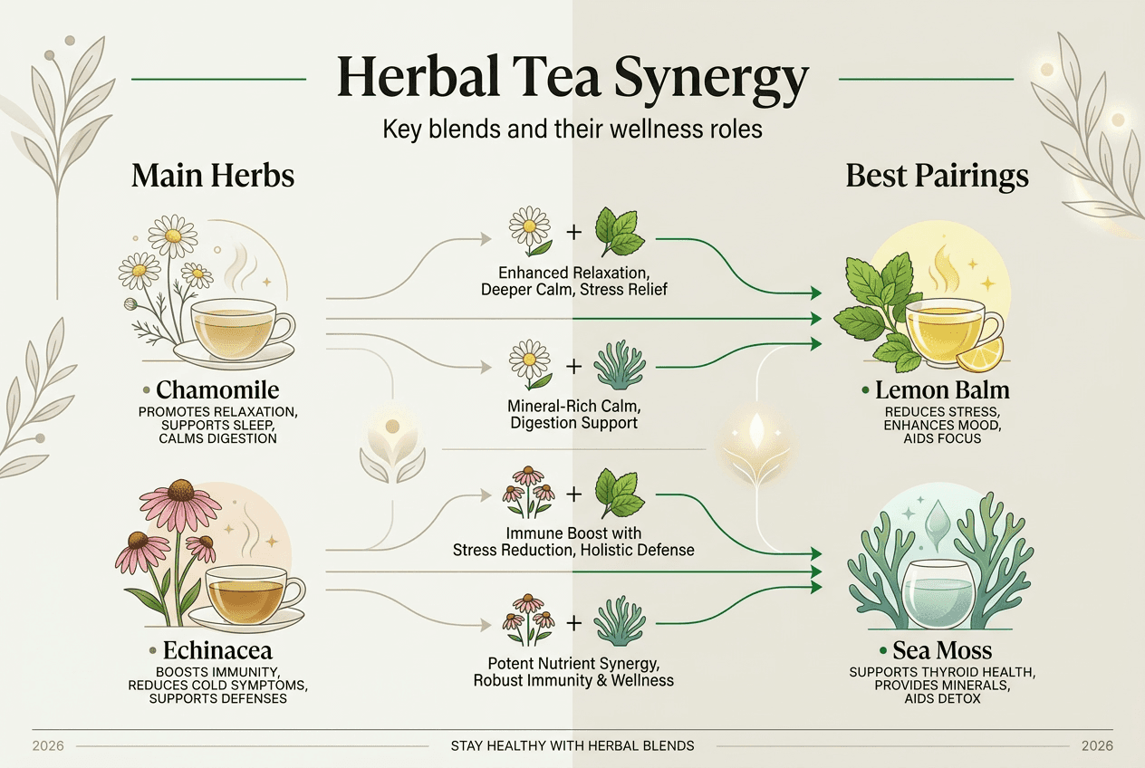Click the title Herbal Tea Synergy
tap(572, 78)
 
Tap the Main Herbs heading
tap(213, 175)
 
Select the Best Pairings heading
tap(937, 175)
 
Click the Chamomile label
tap(217, 390)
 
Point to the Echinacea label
tap(217, 650)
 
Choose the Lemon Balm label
tap(942, 391)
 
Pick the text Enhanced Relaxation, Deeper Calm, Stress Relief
tap(572, 281)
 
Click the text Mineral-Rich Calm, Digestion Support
tap(573, 414)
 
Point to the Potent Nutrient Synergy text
tap(573, 671)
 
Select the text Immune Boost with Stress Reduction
tap(572, 541)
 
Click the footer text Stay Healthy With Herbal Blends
tap(572, 745)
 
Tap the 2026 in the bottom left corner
tap(47, 745)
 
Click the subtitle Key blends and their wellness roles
tap(572, 129)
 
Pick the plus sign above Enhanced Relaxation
tap(573, 232)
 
